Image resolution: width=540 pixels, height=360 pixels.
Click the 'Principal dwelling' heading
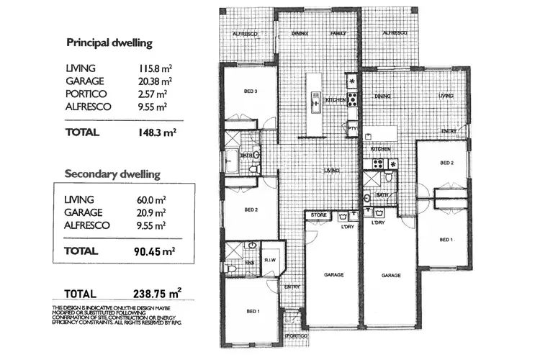click(109, 42)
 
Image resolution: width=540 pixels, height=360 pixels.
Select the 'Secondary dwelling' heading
click(112, 174)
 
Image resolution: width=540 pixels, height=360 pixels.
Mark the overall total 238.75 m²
click(157, 294)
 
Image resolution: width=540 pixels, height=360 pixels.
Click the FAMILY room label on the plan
click(338, 33)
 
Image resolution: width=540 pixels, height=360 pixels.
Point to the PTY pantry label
click(352, 129)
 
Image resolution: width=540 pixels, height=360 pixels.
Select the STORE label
click(318, 215)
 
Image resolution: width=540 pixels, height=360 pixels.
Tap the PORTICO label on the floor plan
click(295, 336)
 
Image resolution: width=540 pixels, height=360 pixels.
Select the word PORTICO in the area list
click(85, 94)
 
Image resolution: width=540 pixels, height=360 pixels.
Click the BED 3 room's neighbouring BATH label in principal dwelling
click(246, 154)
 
